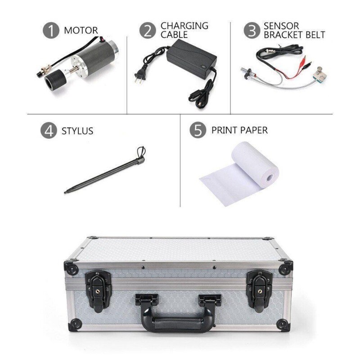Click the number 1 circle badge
coord(51,31)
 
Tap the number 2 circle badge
coord(148,31)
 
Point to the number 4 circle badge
coord(49,131)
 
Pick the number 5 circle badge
coord(198,130)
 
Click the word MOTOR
coord(81,31)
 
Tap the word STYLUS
coord(77,131)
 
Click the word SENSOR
coord(281,26)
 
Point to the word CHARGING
coord(184,26)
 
